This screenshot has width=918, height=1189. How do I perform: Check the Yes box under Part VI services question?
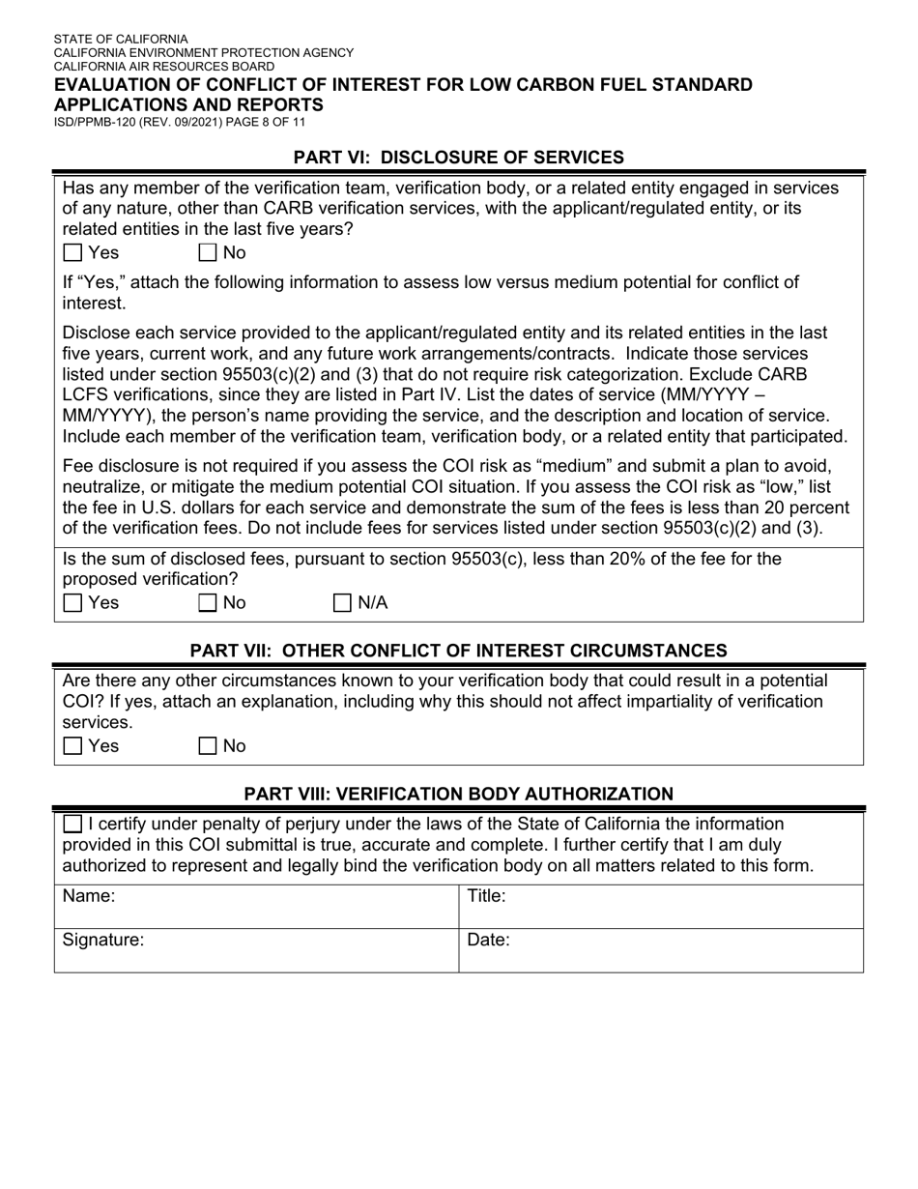tap(72, 253)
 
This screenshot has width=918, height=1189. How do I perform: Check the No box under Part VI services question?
tap(208, 253)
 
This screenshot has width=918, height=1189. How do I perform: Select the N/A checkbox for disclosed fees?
tap(342, 603)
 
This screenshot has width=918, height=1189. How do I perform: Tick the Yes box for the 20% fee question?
tap(72, 603)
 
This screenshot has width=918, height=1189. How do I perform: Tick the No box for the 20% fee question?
tap(208, 603)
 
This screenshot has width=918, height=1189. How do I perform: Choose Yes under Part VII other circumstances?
tap(72, 746)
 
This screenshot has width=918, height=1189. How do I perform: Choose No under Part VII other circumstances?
tap(208, 746)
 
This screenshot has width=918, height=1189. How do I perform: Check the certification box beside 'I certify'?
tap(72, 825)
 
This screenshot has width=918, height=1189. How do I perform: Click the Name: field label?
tap(89, 896)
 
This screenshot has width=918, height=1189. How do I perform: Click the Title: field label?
tap(487, 896)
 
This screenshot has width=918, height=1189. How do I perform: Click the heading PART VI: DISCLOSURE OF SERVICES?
tap(458, 158)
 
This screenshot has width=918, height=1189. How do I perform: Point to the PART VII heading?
tap(458, 651)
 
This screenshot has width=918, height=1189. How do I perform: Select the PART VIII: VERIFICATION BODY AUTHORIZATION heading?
tap(458, 795)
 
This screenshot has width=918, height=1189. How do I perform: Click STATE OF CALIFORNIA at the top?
tap(121, 40)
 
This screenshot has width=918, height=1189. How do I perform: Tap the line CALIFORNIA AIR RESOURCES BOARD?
tap(163, 66)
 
